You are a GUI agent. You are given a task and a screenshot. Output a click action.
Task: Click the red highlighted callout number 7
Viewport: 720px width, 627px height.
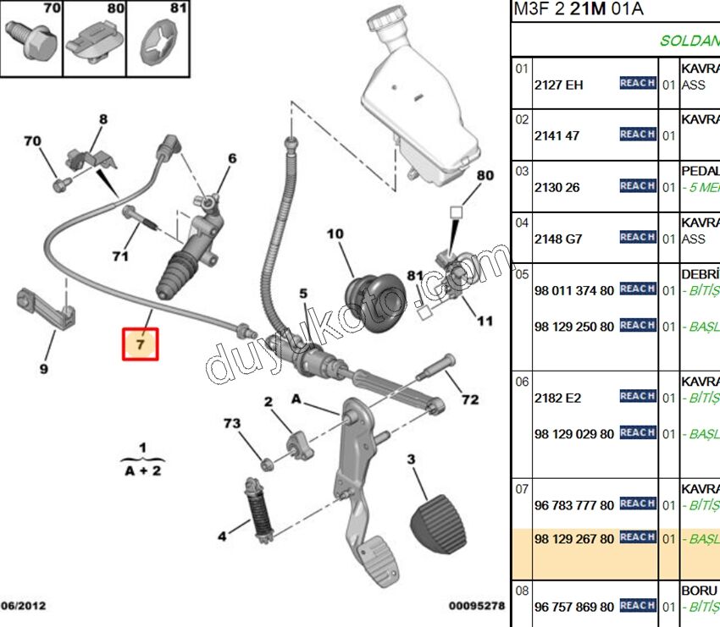point(141,344)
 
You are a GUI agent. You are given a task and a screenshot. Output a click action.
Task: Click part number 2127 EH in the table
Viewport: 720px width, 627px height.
point(558,85)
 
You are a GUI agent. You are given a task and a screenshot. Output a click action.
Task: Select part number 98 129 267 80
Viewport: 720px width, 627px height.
point(573,538)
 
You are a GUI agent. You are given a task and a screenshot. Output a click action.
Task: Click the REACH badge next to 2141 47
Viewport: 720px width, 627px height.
point(637,135)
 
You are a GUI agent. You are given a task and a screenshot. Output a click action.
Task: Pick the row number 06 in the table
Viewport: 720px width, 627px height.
point(522,382)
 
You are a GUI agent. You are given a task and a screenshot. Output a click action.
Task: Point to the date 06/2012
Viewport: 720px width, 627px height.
point(23,606)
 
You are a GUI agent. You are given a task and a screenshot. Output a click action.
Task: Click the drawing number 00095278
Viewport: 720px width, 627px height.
point(477,606)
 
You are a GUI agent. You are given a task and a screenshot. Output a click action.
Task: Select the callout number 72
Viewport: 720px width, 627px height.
point(469,399)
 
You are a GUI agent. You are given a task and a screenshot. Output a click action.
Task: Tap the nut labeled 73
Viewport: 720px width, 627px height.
point(264,462)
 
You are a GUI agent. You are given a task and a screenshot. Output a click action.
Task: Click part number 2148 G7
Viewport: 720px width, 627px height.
point(558,239)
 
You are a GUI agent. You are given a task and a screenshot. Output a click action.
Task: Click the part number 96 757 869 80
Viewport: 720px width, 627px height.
point(573,607)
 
